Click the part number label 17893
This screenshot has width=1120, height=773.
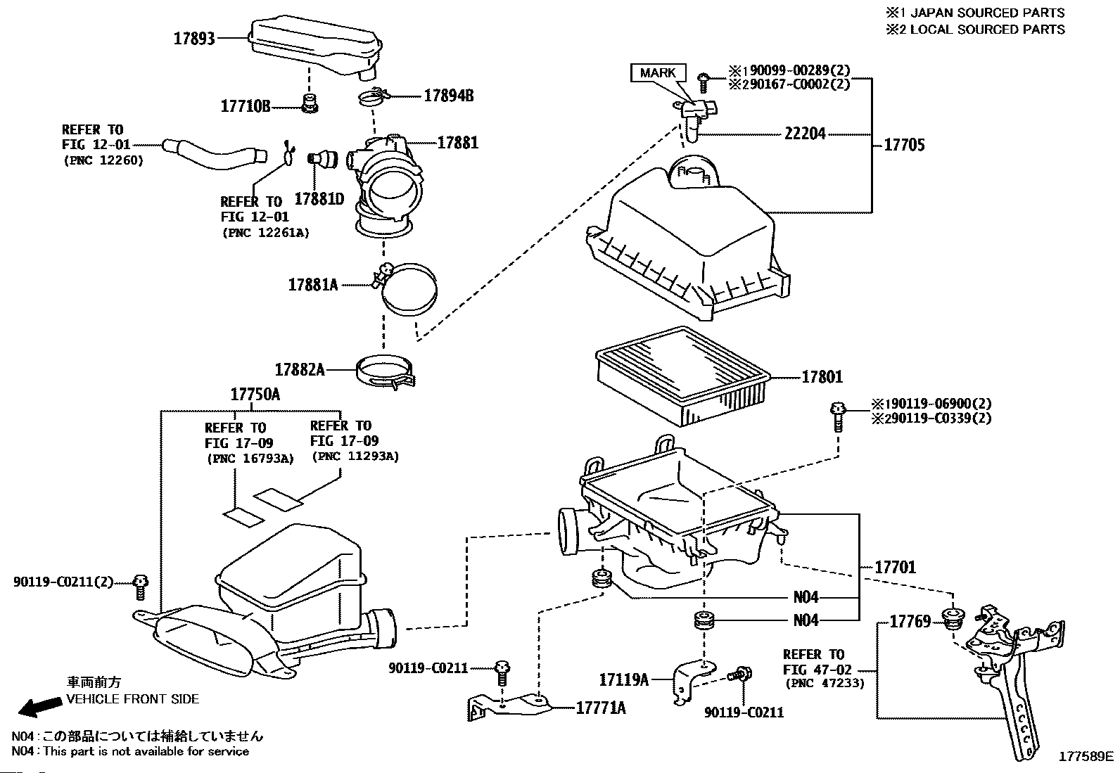pyautogui.click(x=194, y=39)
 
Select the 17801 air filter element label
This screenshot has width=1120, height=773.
pyautogui.click(x=822, y=377)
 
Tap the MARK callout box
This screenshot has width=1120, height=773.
pyautogui.click(x=658, y=72)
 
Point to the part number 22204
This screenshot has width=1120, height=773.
pyautogui.click(x=805, y=134)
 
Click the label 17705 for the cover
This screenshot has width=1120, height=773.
pyautogui.click(x=904, y=145)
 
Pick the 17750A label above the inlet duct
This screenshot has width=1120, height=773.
pyautogui.click(x=255, y=394)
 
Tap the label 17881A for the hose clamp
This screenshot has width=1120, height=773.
pyautogui.click(x=313, y=285)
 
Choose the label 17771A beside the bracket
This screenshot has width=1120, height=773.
pyautogui.click(x=600, y=708)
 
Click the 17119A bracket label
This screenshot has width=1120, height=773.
pyautogui.click(x=623, y=679)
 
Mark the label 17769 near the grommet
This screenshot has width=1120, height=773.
pyautogui.click(x=910, y=621)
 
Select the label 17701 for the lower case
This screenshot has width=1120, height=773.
pyautogui.click(x=896, y=567)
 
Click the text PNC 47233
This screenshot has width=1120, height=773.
pyautogui.click(x=824, y=683)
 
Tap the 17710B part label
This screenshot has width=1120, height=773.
pyautogui.click(x=246, y=106)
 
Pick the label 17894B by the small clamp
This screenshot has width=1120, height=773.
pyautogui.click(x=448, y=96)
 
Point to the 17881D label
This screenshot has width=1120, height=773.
pyautogui.click(x=319, y=199)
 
